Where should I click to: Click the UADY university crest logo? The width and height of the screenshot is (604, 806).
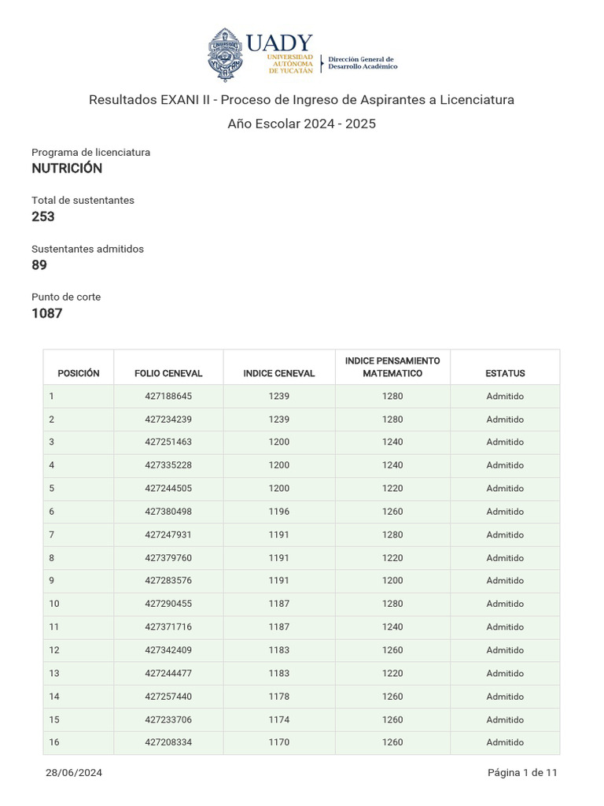tap(225, 54)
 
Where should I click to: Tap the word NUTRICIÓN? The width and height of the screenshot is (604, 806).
tap(67, 168)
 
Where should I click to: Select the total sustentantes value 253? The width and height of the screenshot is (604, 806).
tap(43, 216)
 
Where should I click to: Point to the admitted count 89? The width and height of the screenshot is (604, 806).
tap(39, 265)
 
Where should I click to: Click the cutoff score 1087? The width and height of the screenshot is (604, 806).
tap(47, 313)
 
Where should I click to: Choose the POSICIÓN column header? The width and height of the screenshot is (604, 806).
tap(79, 373)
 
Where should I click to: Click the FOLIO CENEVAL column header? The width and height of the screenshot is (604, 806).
tap(168, 373)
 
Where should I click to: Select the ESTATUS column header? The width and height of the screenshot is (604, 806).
tap(505, 373)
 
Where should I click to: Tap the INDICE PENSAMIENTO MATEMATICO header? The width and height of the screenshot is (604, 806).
tap(392, 367)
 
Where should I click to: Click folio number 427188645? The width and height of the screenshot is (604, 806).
tap(168, 396)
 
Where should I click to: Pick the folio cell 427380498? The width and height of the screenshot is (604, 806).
tap(168, 512)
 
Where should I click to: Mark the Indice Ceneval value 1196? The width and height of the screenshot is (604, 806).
tap(279, 512)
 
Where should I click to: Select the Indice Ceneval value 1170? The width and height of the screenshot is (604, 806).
tap(279, 742)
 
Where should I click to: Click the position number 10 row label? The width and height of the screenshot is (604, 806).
tap(54, 604)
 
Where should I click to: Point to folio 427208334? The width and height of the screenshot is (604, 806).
tap(168, 742)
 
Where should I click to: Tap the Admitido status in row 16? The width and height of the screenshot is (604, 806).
tap(505, 742)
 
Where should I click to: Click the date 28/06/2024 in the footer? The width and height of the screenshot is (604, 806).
tap(74, 773)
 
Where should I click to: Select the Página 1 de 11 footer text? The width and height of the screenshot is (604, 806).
tap(522, 773)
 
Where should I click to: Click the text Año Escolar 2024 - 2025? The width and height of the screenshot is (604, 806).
tap(302, 124)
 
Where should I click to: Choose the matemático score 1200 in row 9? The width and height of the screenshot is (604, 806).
tap(392, 581)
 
